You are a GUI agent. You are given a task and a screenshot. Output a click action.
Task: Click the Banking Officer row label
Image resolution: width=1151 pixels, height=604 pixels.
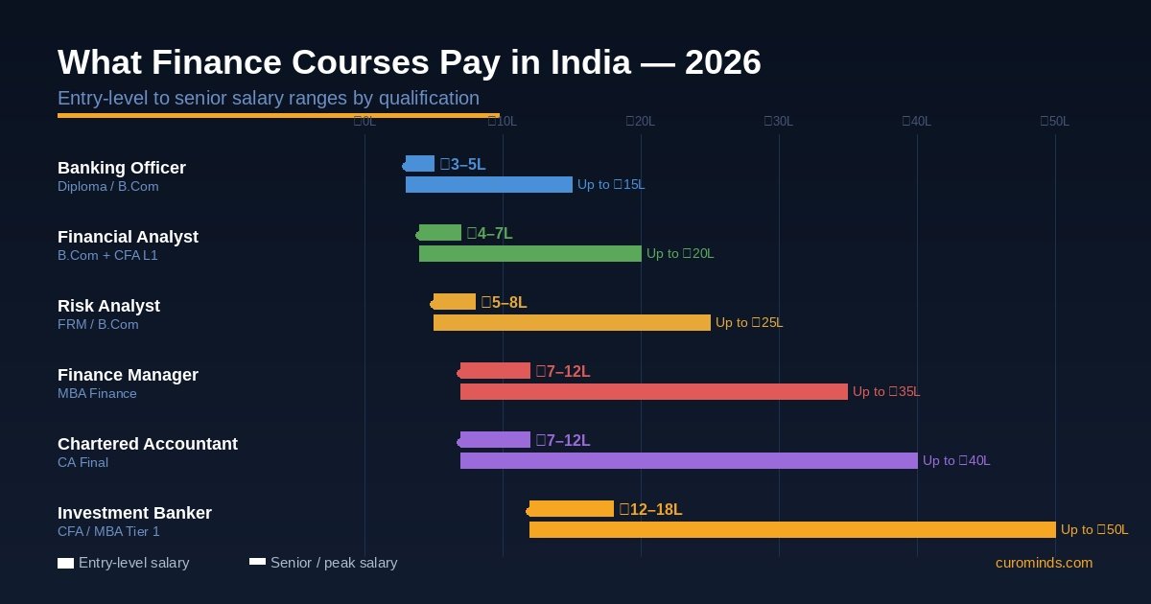click(x=122, y=168)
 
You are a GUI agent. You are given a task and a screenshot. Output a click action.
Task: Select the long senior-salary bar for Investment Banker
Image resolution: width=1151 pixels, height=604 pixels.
click(x=792, y=529)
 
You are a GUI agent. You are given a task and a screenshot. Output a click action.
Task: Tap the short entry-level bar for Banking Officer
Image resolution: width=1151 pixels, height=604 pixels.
click(x=420, y=164)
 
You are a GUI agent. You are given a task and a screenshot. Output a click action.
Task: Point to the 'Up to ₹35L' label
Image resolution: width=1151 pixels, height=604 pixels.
click(x=886, y=391)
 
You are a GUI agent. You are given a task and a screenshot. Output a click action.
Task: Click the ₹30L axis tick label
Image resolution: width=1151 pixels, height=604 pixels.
click(x=778, y=121)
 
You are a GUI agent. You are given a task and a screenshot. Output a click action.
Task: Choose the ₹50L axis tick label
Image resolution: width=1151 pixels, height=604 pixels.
click(x=1054, y=121)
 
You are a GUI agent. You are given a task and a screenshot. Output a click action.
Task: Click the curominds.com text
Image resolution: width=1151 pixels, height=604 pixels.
click(x=1044, y=563)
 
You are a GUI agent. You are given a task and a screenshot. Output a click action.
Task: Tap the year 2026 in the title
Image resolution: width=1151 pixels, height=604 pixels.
click(x=722, y=62)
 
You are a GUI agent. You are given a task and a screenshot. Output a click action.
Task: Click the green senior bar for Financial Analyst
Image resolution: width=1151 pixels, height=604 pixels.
click(x=530, y=253)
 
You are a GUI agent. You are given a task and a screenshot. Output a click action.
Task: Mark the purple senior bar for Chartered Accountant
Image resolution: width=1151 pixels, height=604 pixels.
click(x=689, y=460)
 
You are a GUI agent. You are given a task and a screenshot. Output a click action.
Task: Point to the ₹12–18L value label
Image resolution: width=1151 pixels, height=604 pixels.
click(x=650, y=509)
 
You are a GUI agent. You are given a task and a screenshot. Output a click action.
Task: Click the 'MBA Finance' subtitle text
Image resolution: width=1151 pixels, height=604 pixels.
click(x=97, y=393)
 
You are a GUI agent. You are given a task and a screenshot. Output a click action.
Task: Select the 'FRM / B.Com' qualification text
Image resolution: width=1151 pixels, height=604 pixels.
click(x=98, y=324)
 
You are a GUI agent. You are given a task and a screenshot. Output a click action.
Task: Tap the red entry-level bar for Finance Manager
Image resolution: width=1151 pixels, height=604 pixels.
click(x=495, y=371)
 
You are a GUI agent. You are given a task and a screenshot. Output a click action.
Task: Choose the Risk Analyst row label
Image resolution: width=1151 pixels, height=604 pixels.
click(x=108, y=306)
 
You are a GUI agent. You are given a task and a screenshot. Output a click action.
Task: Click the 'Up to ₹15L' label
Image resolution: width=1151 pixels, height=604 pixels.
click(x=611, y=184)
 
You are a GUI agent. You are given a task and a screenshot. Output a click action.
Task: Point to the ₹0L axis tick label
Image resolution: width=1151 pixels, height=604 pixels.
click(x=364, y=121)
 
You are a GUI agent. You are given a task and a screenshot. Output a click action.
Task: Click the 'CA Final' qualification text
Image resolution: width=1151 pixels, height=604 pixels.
click(x=82, y=462)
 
